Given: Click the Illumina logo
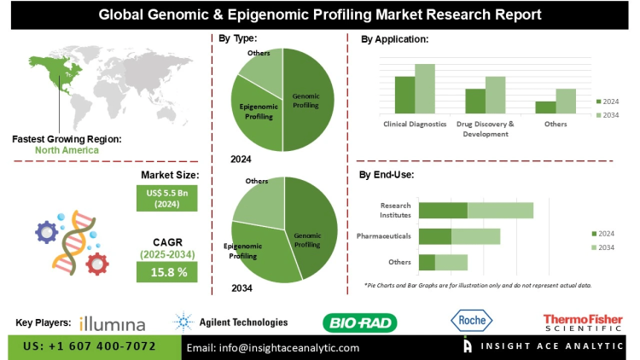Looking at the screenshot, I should tap(112, 323).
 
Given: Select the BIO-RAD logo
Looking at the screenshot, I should tap(359, 322).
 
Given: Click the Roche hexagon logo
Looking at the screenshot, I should tap(471, 321).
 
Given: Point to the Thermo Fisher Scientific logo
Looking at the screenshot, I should tap(583, 322).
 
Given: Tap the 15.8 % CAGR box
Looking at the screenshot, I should tap(167, 271).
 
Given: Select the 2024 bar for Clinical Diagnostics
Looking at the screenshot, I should tap(404, 95).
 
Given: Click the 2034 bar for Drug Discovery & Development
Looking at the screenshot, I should tap(496, 95).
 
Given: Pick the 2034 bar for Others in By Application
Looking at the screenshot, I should tap(566, 101).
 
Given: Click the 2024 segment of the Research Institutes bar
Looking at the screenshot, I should tap(443, 210).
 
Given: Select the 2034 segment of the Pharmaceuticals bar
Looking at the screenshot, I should tap(475, 236).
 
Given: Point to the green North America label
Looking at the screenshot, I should tap(67, 150).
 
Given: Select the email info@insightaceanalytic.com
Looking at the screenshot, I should tap(274, 347).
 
